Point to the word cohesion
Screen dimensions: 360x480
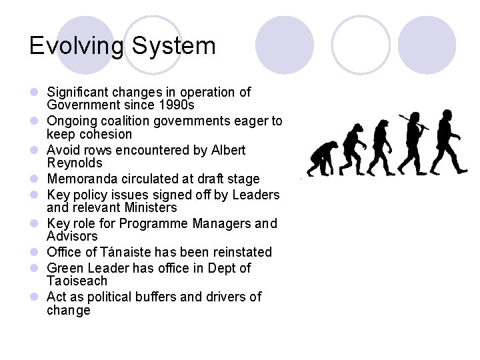click(105, 135)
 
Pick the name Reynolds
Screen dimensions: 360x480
click(75, 163)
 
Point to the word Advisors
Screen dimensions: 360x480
click(72, 237)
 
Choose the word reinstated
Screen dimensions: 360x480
click(239, 252)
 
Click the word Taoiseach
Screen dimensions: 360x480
click(77, 281)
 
